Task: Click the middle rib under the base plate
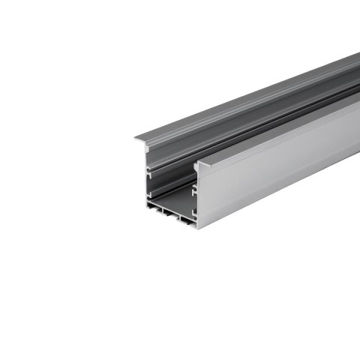point(176,220)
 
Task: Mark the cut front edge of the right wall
point(197,195)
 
